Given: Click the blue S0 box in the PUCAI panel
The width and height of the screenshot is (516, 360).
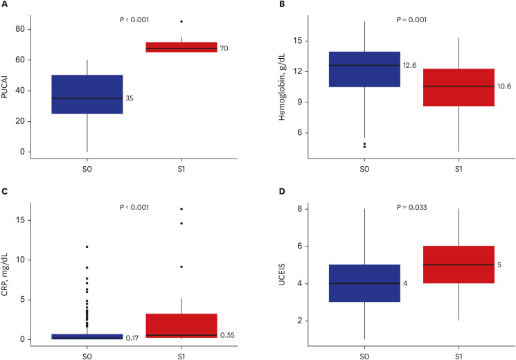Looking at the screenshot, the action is click(x=87, y=94).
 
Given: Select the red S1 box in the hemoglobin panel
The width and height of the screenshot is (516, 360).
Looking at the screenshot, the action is click(x=459, y=87).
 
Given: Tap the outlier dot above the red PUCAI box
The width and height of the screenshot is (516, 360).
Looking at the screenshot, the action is click(x=181, y=21).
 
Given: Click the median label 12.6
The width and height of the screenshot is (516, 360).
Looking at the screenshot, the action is click(x=410, y=66).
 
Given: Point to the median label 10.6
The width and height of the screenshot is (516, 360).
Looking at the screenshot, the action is click(x=504, y=87).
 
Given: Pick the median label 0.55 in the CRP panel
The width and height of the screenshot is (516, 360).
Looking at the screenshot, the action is click(x=227, y=335).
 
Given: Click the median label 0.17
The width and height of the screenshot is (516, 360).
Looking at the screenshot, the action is click(x=132, y=338).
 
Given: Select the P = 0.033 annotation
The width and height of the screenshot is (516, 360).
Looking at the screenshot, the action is click(x=411, y=207).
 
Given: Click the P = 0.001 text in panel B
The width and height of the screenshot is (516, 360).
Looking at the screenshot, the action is click(x=411, y=20).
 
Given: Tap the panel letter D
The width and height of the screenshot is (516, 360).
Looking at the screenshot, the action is click(x=282, y=192).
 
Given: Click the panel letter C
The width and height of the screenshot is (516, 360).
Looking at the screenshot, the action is click(x=4, y=192).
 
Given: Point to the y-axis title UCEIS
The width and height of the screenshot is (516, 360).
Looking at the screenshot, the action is click(x=282, y=273).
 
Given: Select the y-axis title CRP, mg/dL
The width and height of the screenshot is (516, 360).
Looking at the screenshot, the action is click(x=5, y=274).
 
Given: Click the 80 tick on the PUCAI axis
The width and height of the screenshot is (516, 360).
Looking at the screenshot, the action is click(x=20, y=29).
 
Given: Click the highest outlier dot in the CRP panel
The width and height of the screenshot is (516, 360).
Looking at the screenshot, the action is click(x=181, y=209).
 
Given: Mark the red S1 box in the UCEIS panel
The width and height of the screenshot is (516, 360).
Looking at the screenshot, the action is click(x=459, y=264).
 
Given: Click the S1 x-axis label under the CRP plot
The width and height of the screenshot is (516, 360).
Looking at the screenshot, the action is click(x=181, y=357).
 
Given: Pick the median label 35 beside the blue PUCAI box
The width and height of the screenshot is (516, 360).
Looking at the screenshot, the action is click(x=130, y=98).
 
